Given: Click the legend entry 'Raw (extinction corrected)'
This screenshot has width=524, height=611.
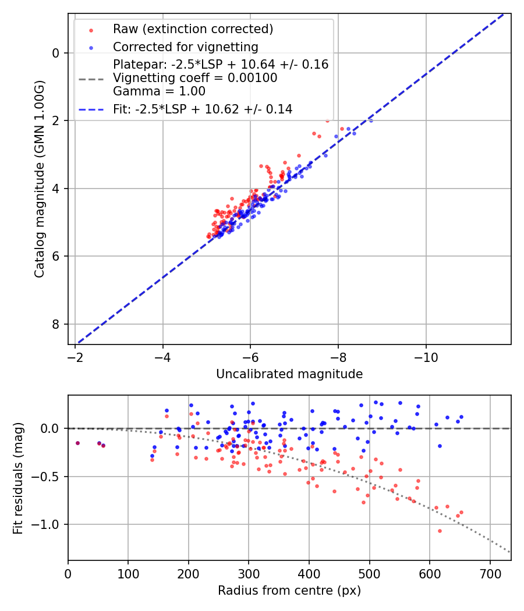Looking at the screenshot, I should coord(193,29).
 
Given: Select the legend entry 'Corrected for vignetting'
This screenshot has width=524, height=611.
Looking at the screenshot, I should coord(186,47).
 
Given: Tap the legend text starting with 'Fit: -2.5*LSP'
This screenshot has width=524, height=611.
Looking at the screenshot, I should coord(203,109).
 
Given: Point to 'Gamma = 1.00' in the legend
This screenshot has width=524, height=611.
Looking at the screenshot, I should coord(159,91).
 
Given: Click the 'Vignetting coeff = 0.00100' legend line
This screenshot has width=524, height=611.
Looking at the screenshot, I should coord(195,77).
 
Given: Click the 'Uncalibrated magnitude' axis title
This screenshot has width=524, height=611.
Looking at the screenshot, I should coord(289,374).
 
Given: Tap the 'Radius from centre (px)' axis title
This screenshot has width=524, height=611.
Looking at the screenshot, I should coord(289,591).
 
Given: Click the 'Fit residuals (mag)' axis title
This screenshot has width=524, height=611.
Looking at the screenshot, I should coord(18,478).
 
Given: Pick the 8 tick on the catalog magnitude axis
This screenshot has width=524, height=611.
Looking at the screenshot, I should coord(55,324).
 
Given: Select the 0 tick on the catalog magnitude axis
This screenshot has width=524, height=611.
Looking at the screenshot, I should coord(55,53).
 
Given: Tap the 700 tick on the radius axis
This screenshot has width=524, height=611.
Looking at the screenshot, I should coord(490,573).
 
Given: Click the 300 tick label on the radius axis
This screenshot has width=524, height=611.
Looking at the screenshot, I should coord(249,573).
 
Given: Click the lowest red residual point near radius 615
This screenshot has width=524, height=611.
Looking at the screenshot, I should coord(440,531).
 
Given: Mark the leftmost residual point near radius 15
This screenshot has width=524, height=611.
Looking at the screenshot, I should coord(77,443).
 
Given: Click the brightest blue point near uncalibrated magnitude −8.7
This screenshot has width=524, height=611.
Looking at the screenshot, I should coord(371,120).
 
